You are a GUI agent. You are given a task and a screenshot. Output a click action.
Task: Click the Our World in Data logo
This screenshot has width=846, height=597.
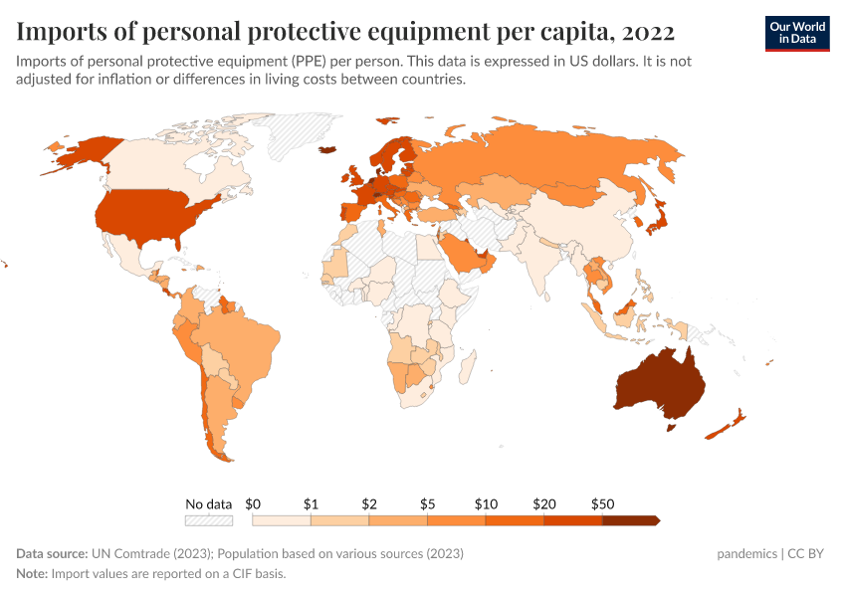point(796,32)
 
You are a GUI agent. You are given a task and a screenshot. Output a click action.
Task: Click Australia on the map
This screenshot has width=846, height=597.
point(660,386)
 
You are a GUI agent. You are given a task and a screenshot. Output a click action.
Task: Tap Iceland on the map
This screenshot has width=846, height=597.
point(327,151)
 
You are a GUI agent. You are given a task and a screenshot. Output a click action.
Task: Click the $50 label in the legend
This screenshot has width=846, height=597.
point(602,504)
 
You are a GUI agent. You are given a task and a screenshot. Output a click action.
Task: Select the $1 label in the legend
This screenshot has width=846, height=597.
point(311,504)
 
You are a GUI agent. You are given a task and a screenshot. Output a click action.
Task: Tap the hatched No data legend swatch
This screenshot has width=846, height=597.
point(209,520)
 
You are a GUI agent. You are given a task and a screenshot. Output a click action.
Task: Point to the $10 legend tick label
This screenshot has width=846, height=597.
point(486,504)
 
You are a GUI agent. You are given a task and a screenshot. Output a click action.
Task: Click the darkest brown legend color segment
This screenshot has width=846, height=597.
point(629,520)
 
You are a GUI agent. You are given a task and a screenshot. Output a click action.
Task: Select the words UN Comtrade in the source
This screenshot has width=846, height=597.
point(125,553)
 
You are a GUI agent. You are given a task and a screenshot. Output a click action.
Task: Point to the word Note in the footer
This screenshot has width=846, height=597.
point(32,574)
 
